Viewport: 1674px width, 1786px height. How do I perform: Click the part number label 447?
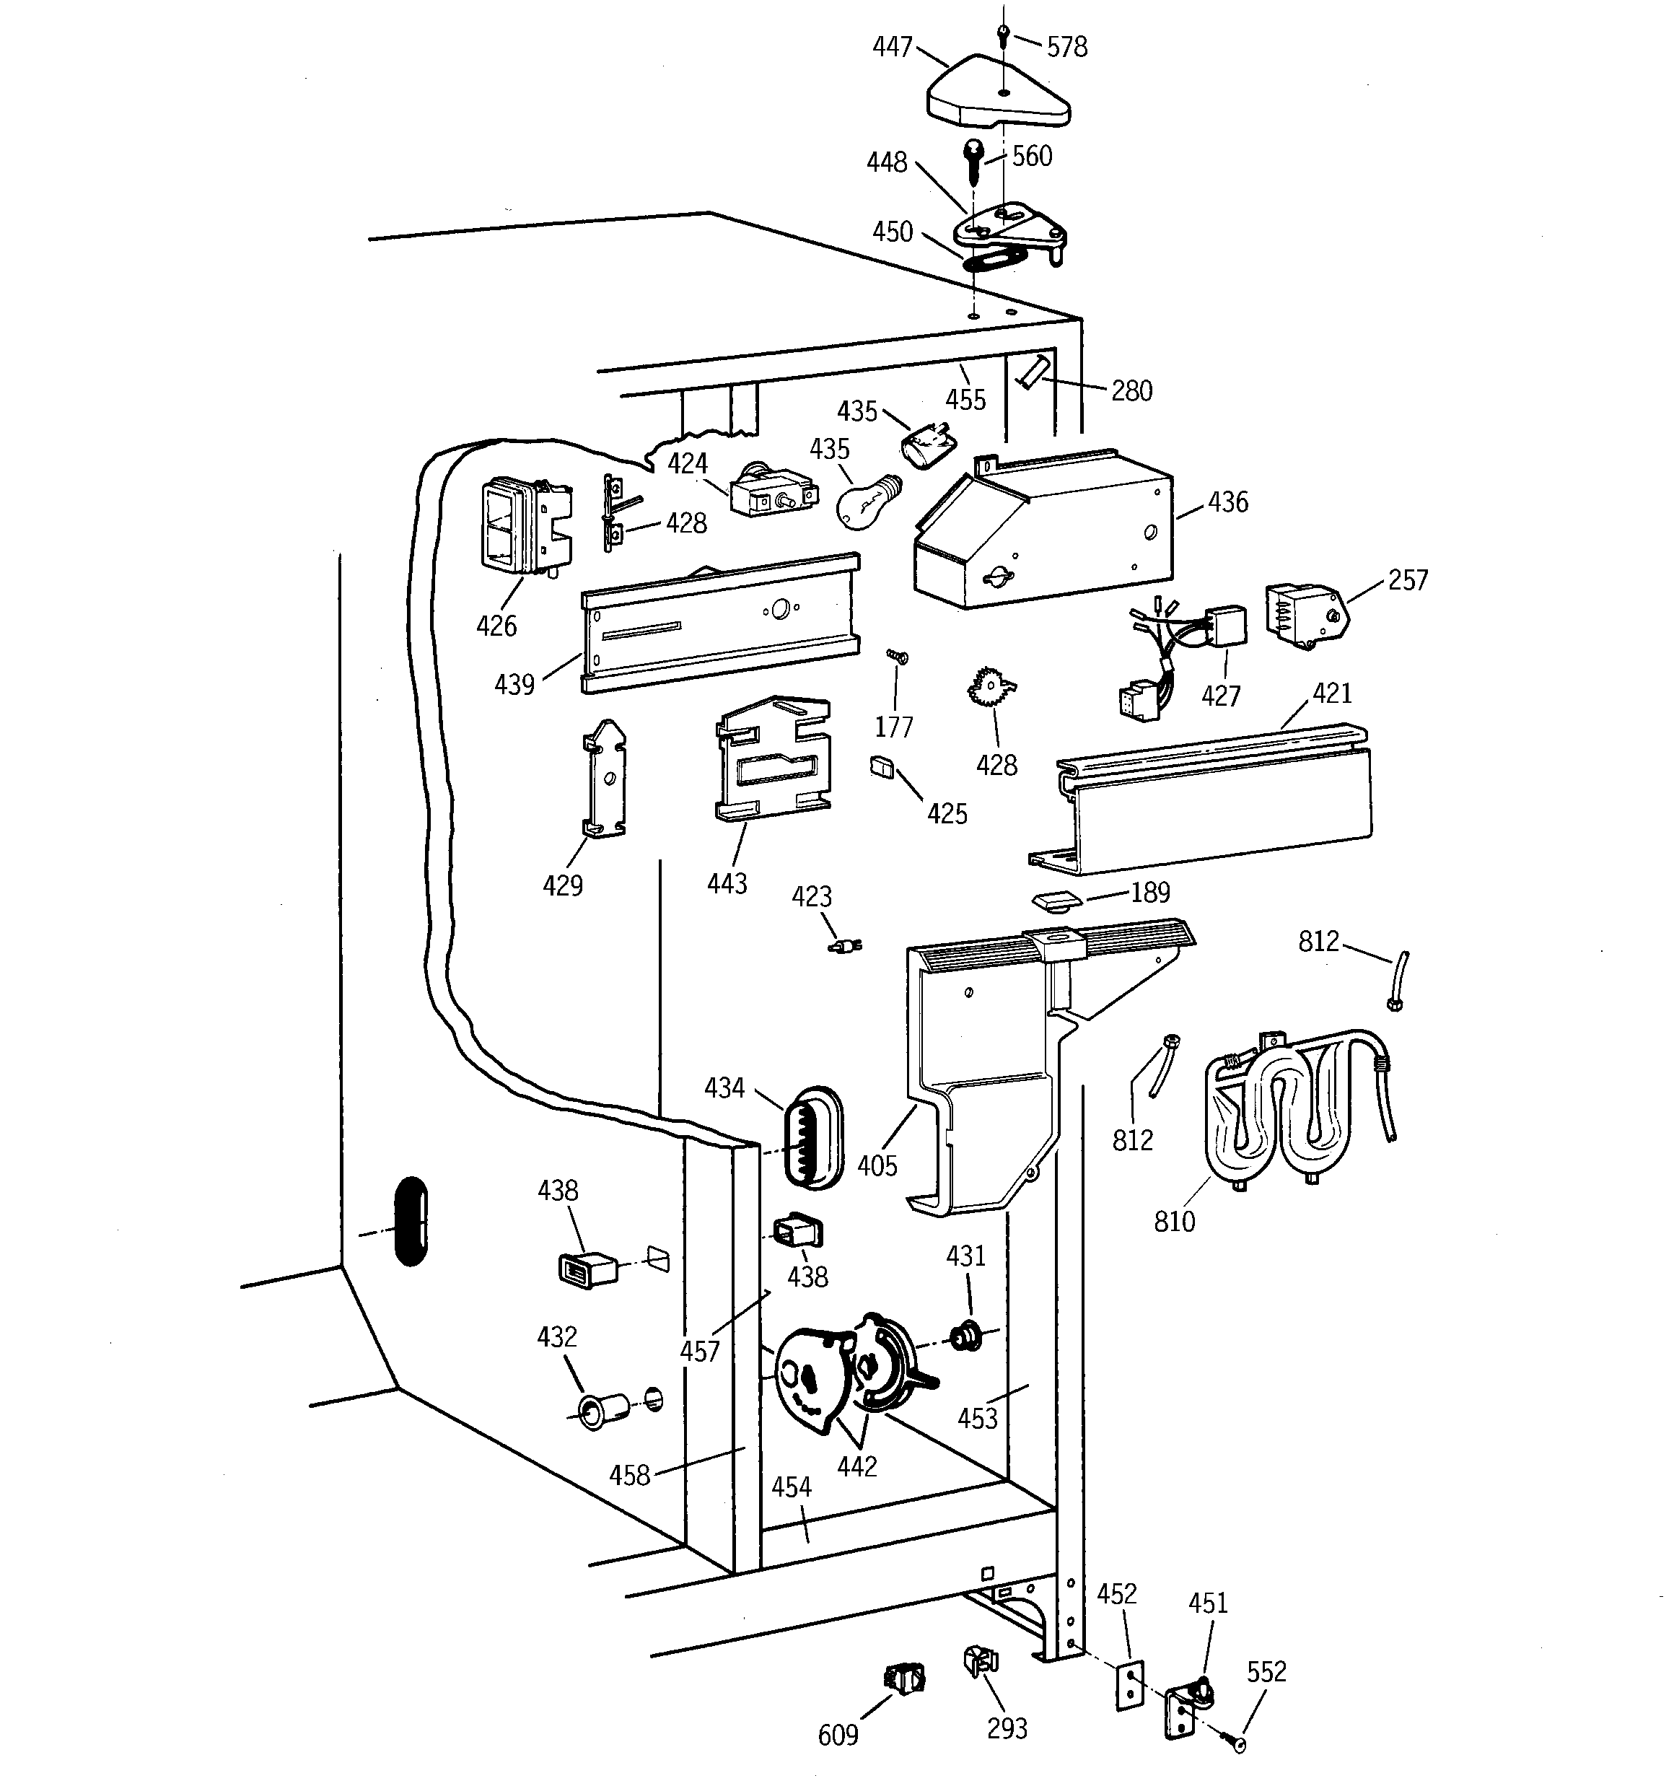(x=893, y=47)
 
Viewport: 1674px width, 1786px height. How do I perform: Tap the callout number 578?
(x=1066, y=47)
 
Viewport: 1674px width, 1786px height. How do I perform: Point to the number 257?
(x=1407, y=580)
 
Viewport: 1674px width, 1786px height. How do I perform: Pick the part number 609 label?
(x=838, y=1735)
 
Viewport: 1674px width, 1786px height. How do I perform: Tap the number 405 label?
(x=877, y=1166)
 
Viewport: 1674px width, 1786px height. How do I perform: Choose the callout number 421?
(x=1332, y=693)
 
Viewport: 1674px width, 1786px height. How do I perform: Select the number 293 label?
(x=1007, y=1728)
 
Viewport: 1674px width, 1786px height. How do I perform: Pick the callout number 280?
(x=1131, y=391)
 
